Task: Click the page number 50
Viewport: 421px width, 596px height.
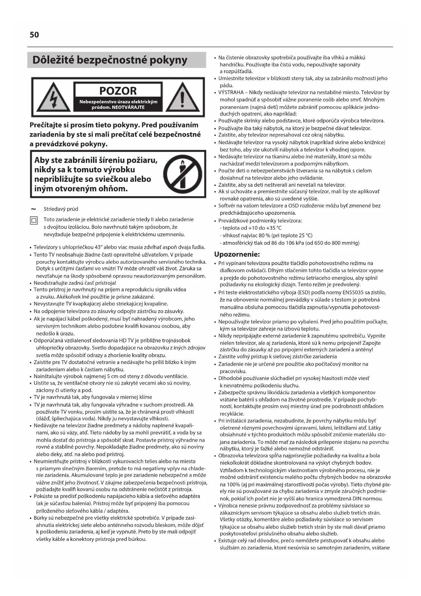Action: [x=34, y=35]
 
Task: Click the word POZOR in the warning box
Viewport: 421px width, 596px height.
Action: [x=118, y=91]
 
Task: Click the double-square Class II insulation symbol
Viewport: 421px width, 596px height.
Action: [x=34, y=221]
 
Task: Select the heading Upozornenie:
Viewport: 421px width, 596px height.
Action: [x=237, y=254]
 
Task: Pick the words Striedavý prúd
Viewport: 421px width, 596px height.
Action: [x=61, y=209]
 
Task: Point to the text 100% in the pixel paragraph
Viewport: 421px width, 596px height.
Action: [x=226, y=485]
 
